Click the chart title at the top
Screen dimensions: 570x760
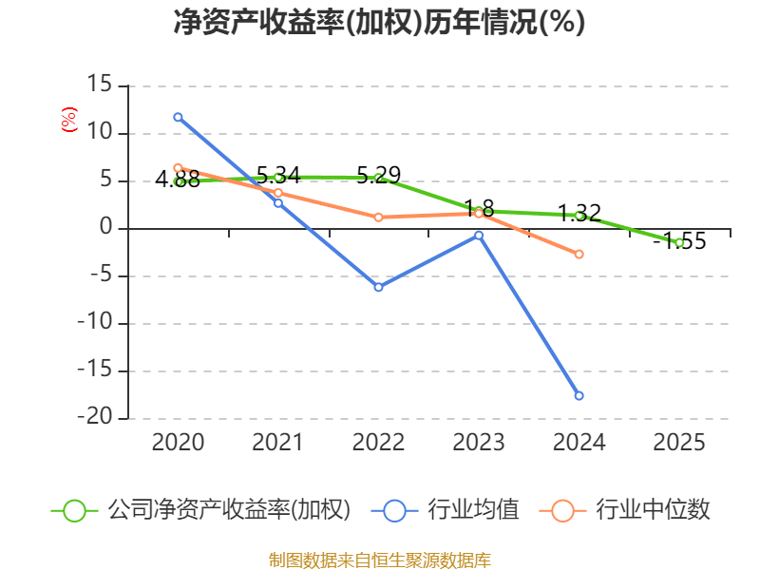(379, 23)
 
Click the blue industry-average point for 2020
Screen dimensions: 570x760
(178, 117)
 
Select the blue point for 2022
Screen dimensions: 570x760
(378, 287)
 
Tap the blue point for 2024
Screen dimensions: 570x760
(579, 395)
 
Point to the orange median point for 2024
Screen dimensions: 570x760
(579, 254)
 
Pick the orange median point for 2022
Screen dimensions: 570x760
(378, 218)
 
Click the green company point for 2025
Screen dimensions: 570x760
(679, 243)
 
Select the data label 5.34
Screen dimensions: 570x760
(278, 175)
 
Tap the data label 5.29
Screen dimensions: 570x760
(378, 175)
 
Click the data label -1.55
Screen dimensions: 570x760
(679, 241)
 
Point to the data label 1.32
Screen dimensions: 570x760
(579, 213)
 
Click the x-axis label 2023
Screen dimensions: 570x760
(479, 442)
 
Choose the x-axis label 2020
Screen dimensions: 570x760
(178, 442)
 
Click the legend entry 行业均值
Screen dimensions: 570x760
(472, 510)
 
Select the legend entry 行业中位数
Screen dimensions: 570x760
(652, 510)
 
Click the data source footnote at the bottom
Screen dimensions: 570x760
(379, 560)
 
